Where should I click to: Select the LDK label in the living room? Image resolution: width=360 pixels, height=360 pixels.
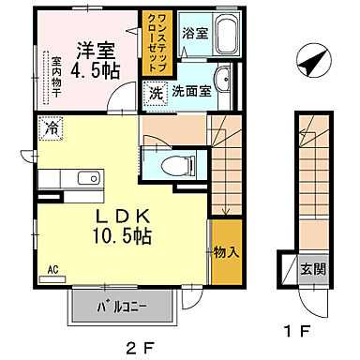coord(125,216)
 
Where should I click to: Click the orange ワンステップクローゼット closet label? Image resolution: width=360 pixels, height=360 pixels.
coord(153,40)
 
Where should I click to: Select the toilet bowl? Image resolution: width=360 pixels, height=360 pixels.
coord(175,166)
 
